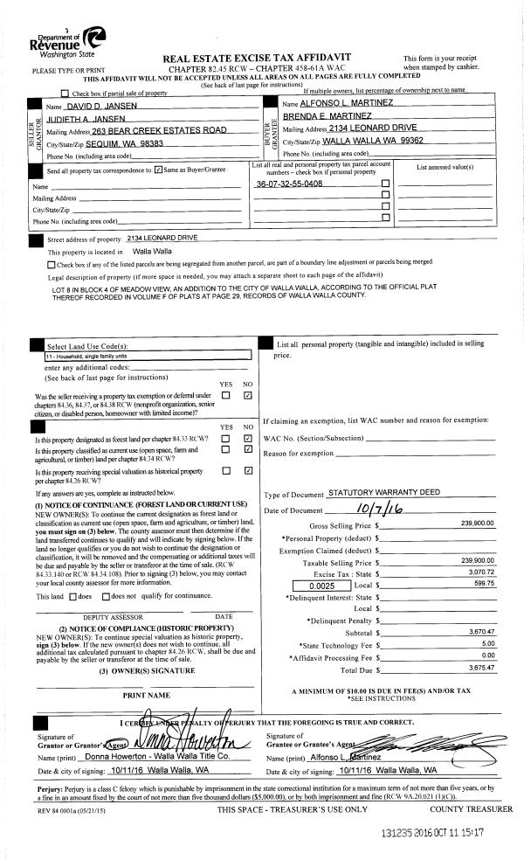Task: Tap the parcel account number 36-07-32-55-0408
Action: tap(288, 185)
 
